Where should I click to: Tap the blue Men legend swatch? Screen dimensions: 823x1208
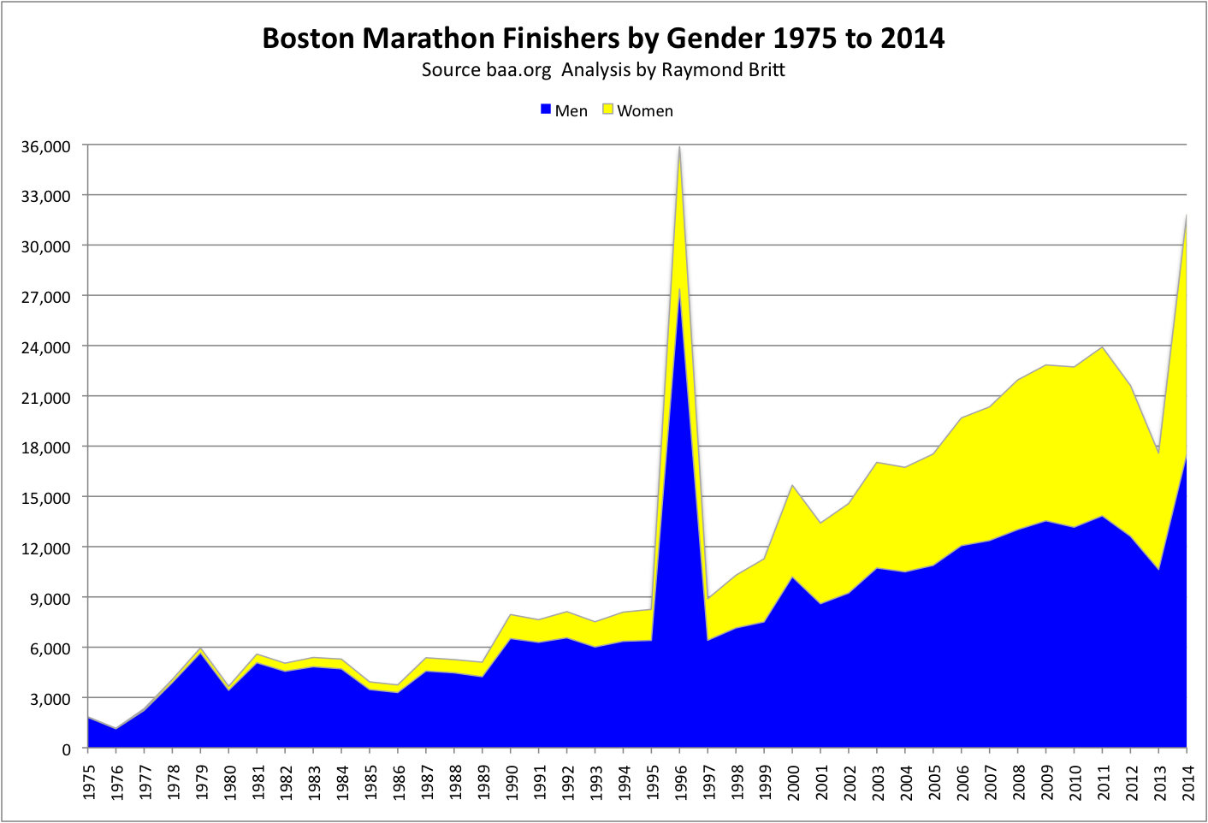point(545,110)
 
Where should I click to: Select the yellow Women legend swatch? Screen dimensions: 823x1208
point(608,110)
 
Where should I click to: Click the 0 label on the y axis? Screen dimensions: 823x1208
point(66,749)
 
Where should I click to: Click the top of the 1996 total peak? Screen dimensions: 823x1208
point(679,148)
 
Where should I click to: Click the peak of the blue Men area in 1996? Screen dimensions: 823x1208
point(679,289)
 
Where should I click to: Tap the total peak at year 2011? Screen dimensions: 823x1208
point(1102,346)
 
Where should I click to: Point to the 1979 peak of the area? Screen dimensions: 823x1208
point(201,648)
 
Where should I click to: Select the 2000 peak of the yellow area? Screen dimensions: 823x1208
point(792,486)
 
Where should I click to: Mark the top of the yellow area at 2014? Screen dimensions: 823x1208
point(1186,216)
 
